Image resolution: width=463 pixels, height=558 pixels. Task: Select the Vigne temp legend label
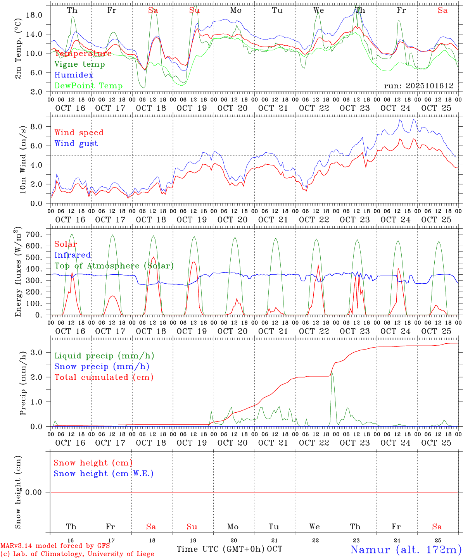[x=79, y=64]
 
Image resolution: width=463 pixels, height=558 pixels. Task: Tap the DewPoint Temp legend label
[x=88, y=86]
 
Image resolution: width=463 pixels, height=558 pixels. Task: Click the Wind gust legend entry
[x=76, y=143]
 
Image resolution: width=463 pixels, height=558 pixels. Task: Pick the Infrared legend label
[x=73, y=255]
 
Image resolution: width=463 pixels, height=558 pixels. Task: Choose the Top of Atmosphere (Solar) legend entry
[x=114, y=266]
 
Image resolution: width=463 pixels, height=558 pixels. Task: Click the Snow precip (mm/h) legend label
[x=102, y=367]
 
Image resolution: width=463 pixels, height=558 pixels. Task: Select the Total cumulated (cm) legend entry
[x=104, y=377]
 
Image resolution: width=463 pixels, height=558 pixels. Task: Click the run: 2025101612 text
[x=418, y=86]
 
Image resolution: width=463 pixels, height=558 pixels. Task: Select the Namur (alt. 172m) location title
[x=406, y=549]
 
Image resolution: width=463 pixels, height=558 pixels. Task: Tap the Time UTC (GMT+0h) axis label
[x=221, y=549]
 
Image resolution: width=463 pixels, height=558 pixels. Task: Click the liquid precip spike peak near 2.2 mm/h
[x=332, y=372]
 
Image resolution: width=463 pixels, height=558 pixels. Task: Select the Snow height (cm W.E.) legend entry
[x=104, y=474]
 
